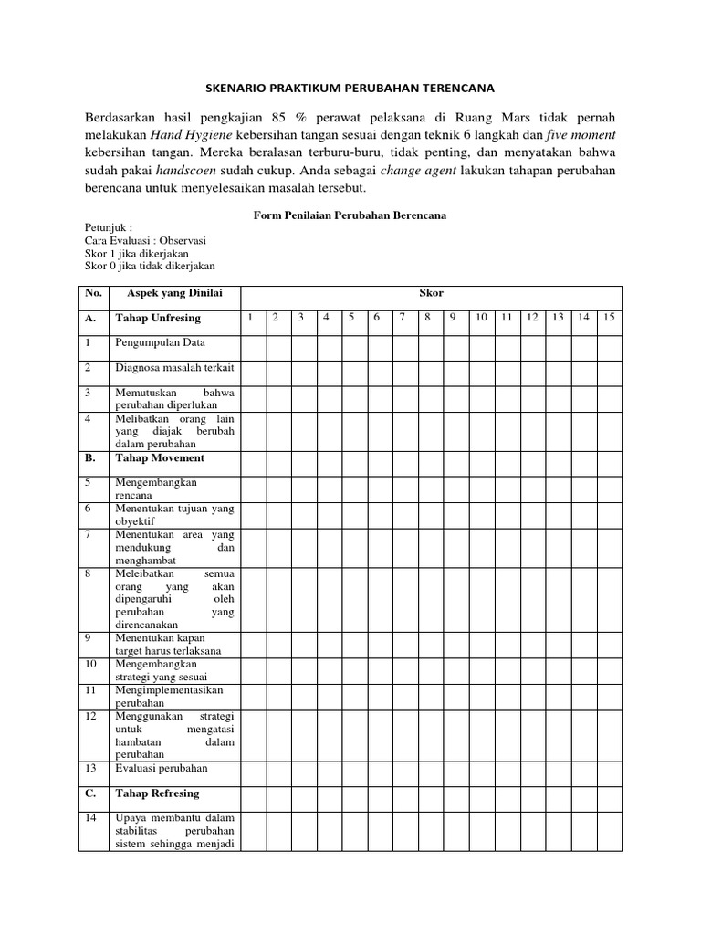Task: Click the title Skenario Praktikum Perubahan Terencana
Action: (350, 89)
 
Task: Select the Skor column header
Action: (431, 293)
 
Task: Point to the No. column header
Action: (92, 293)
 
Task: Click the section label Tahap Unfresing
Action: (158, 319)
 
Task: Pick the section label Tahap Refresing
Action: (157, 793)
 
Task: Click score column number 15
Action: (610, 318)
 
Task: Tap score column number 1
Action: (249, 318)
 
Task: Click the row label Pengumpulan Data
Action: (160, 343)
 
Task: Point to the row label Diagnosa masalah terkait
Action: (174, 369)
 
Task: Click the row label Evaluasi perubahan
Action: (162, 768)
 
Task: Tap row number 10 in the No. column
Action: (89, 665)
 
